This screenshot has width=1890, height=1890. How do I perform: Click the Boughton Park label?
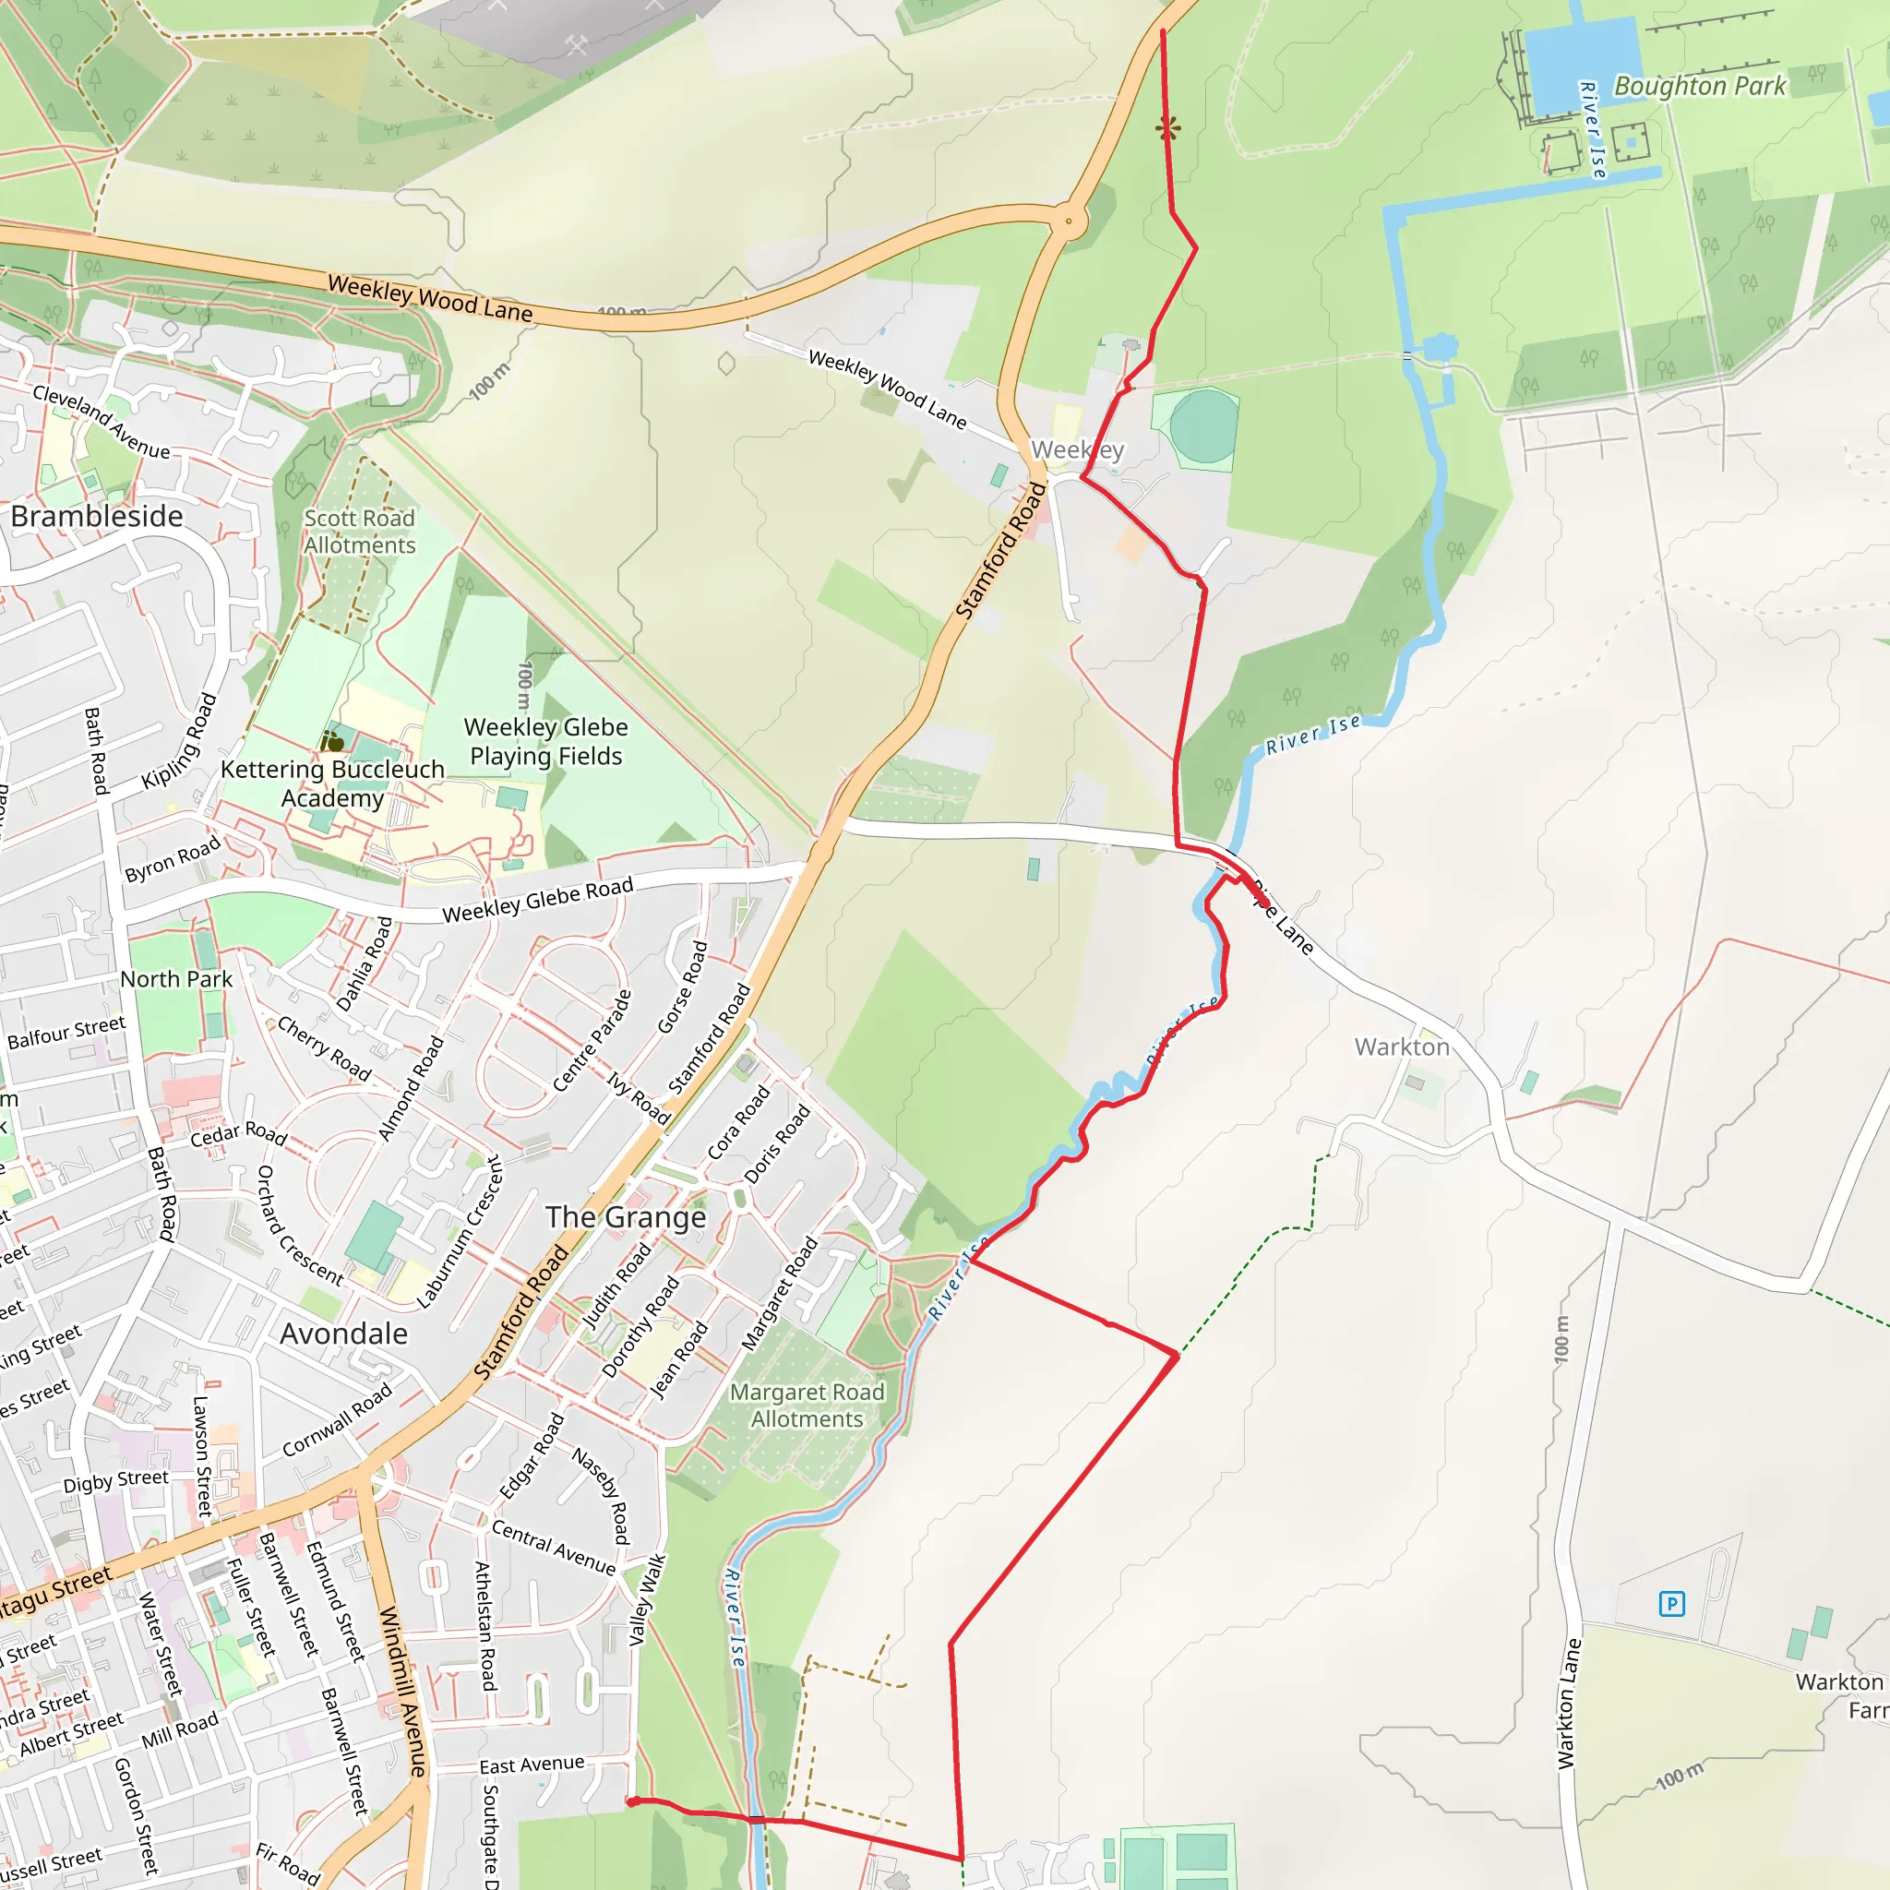pyautogui.click(x=1699, y=86)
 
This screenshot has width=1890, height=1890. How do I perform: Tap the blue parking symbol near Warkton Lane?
pyautogui.click(x=1672, y=1603)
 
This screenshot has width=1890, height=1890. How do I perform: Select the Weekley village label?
pyautogui.click(x=1077, y=450)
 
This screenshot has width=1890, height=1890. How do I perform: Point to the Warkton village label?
pyautogui.click(x=1402, y=1047)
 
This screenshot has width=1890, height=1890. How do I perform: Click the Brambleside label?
pyautogui.click(x=97, y=517)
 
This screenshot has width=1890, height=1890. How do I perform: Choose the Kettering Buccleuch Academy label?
pyautogui.click(x=332, y=784)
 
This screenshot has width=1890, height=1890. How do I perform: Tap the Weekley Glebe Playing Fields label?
pyautogui.click(x=546, y=742)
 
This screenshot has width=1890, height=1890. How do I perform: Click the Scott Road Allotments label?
pyautogui.click(x=359, y=532)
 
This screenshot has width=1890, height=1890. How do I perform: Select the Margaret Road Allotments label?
pyautogui.click(x=807, y=1405)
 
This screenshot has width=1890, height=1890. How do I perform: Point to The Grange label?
pyautogui.click(x=626, y=1217)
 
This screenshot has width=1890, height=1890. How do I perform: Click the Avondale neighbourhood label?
pyautogui.click(x=343, y=1334)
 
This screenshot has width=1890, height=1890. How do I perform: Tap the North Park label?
pyautogui.click(x=176, y=979)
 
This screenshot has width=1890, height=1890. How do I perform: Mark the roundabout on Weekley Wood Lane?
pyautogui.click(x=1070, y=221)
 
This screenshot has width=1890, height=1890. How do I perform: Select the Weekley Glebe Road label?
pyautogui.click(x=538, y=900)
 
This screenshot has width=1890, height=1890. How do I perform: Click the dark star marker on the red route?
pyautogui.click(x=1167, y=127)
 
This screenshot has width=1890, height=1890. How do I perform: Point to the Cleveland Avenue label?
pyautogui.click(x=101, y=422)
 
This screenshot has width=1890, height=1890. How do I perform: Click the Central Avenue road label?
pyautogui.click(x=554, y=1547)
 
